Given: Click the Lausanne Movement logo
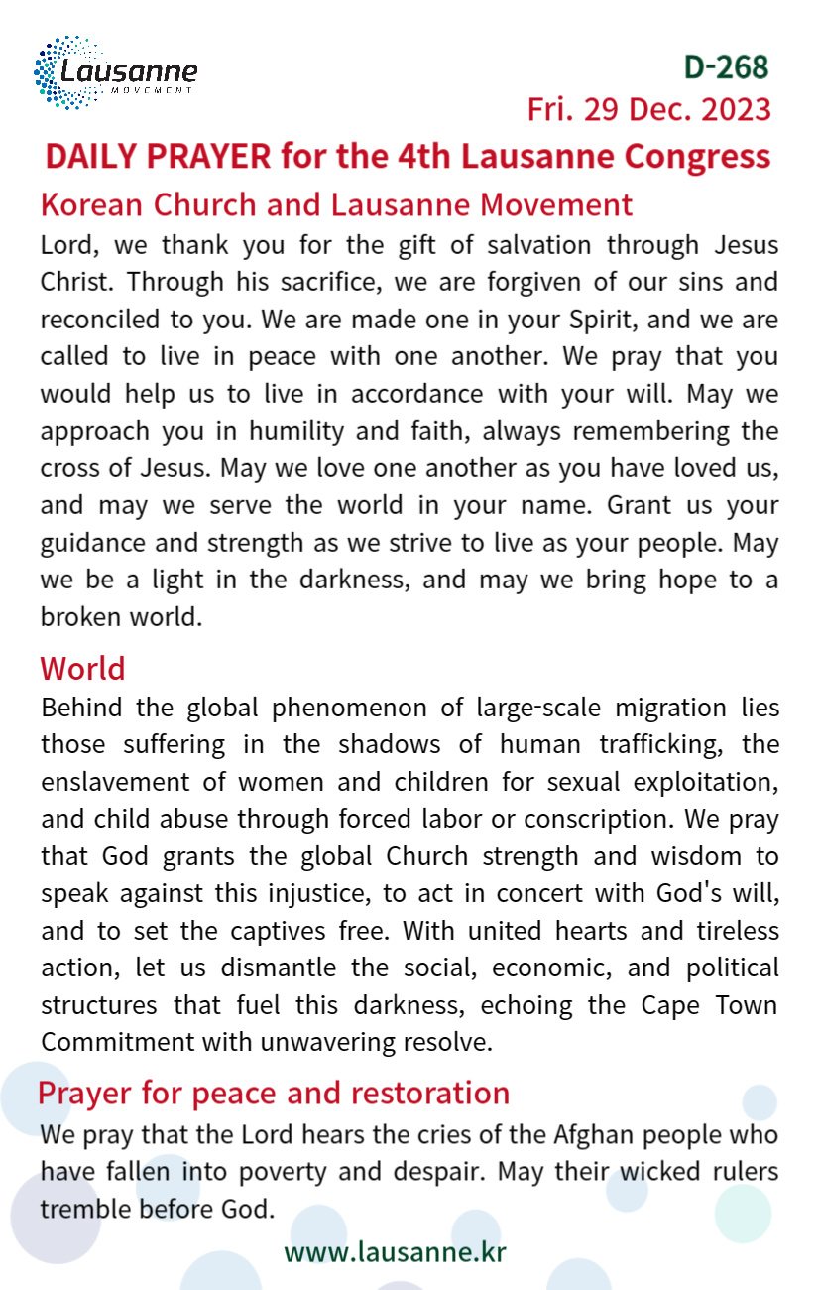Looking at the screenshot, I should (115, 72).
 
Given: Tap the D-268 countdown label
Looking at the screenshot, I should (726, 66).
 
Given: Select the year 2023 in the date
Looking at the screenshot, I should (736, 109).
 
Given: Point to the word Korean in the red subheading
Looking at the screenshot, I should (91, 204).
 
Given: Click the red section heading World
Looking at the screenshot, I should (82, 668).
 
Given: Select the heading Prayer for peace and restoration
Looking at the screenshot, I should (274, 1093).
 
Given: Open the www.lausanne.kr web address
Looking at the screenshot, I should (395, 1251).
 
